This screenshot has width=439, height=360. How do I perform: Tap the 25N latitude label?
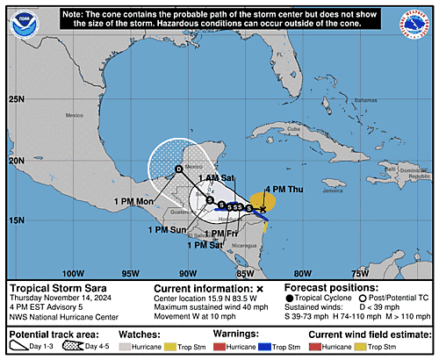click(17, 98)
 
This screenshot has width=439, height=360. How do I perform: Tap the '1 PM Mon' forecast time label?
click(134, 201)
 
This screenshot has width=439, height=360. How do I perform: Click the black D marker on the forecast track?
click(179, 169)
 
